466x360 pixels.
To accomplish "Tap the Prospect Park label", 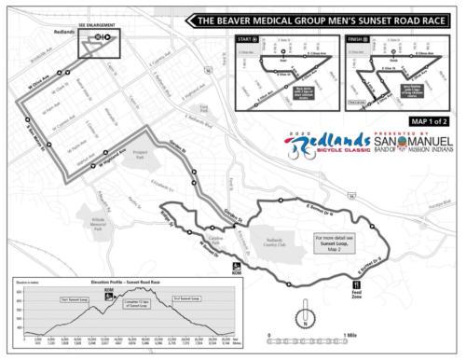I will click(141, 153).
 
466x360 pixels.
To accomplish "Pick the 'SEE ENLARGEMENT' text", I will click(97, 24).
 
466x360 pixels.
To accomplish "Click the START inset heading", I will click(248, 41).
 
